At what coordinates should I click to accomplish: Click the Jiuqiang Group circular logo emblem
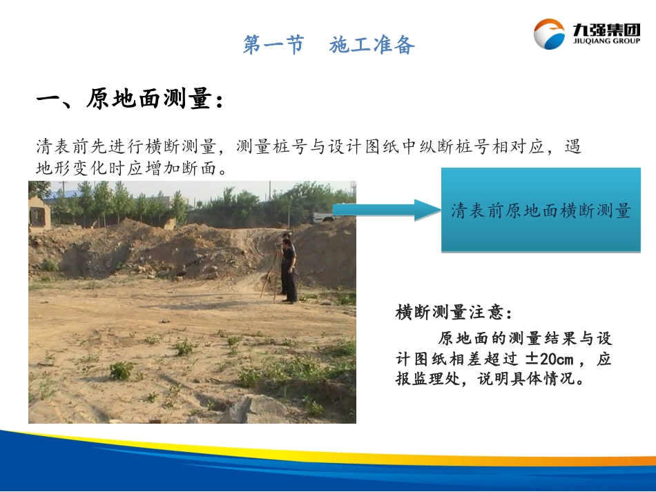(549, 34)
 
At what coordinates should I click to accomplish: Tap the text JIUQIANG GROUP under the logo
(606, 41)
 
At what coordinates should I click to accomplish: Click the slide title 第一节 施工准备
(329, 46)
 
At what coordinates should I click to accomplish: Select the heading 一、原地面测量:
(130, 100)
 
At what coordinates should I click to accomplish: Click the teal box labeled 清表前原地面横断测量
(541, 210)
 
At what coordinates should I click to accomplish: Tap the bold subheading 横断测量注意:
(454, 313)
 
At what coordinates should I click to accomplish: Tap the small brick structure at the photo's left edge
(39, 213)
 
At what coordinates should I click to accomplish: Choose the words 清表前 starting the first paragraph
(60, 147)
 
